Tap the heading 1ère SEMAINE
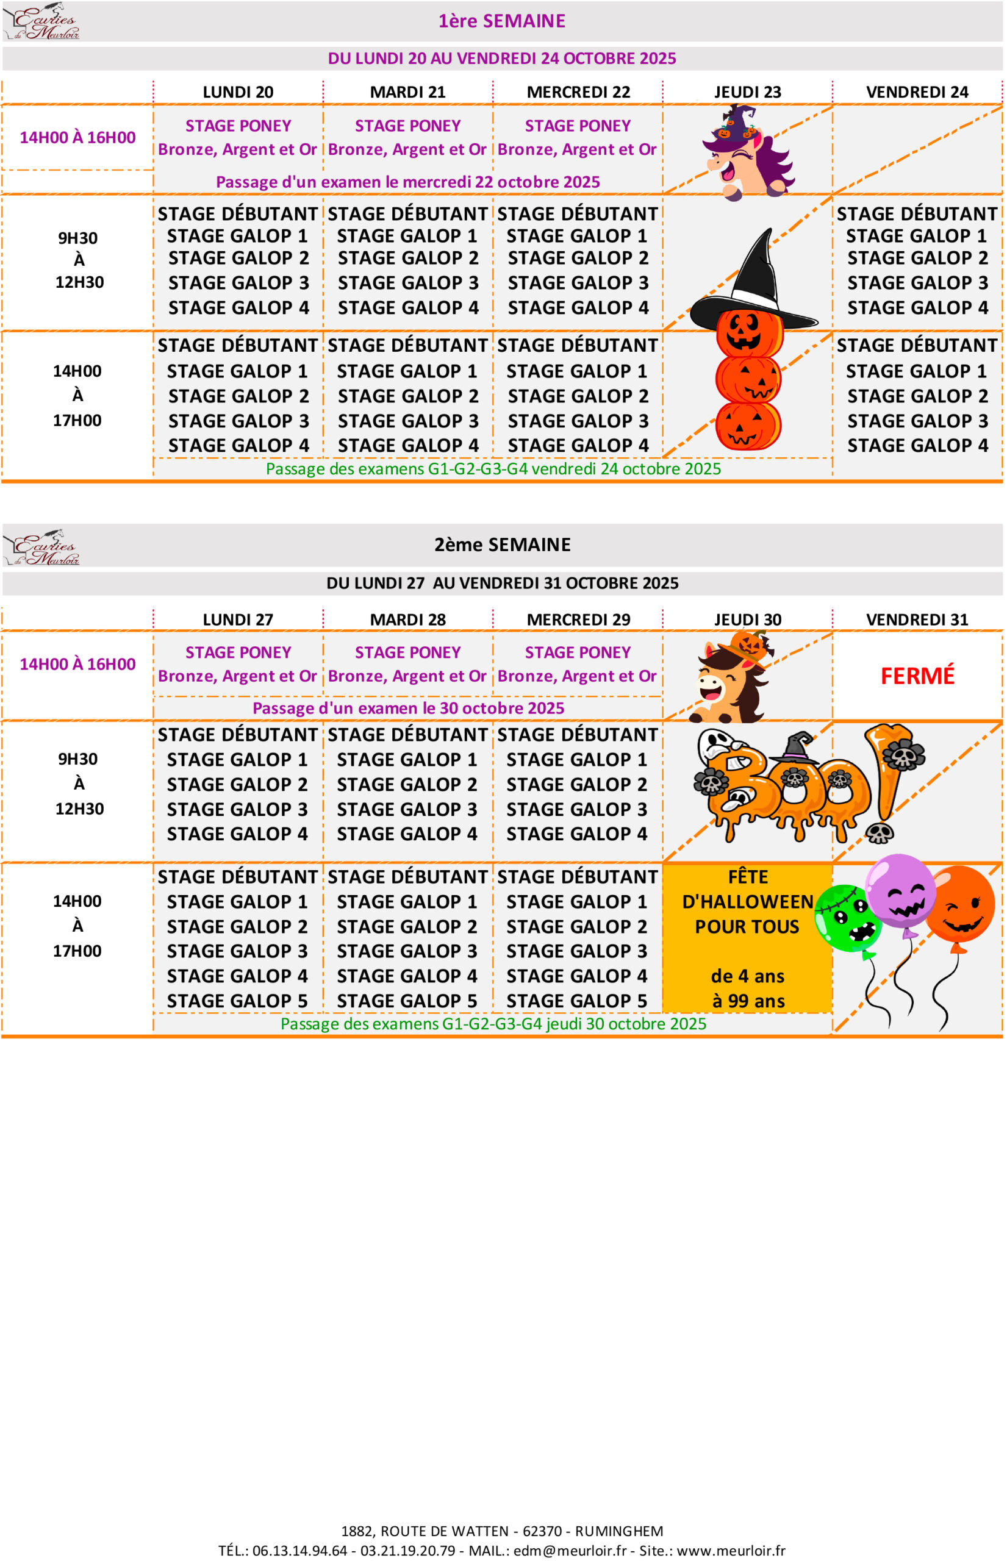(x=501, y=21)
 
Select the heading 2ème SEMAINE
(x=502, y=545)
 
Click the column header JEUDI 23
(x=747, y=92)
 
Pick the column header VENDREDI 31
(x=917, y=619)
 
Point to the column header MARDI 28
(x=407, y=619)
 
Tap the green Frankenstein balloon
(x=847, y=918)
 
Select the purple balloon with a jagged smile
(x=901, y=891)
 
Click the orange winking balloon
(x=960, y=905)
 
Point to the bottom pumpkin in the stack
(x=747, y=425)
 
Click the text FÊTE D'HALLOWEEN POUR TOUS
(x=747, y=901)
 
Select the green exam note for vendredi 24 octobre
(x=493, y=469)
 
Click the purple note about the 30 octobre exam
(x=408, y=708)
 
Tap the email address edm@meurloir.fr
(x=570, y=1550)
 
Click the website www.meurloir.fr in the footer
(x=731, y=1550)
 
